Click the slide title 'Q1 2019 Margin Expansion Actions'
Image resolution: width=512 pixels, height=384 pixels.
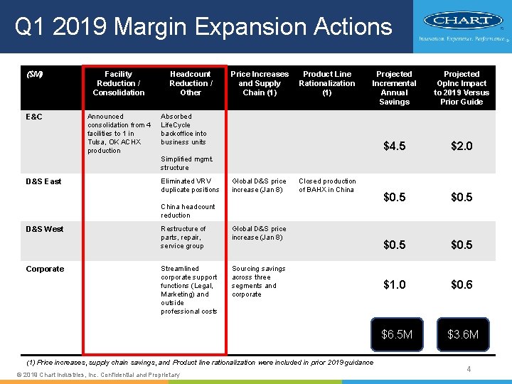pyautogui.click(x=203, y=27)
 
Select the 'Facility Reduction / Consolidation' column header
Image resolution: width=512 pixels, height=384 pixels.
pyautogui.click(x=118, y=83)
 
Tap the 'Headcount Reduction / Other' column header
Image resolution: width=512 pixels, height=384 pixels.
pyautogui.click(x=190, y=83)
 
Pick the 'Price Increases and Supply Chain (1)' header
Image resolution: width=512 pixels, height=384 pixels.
pyautogui.click(x=260, y=83)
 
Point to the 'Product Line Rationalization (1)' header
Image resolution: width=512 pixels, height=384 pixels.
pyautogui.click(x=326, y=83)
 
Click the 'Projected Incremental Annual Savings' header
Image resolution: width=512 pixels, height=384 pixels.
pyautogui.click(x=394, y=87)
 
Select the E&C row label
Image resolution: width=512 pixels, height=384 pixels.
pyautogui.click(x=35, y=117)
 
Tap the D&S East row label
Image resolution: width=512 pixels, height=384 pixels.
pyautogui.click(x=43, y=181)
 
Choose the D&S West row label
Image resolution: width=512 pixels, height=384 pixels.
pyautogui.click(x=44, y=229)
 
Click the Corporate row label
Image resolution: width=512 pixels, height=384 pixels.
pyautogui.click(x=45, y=269)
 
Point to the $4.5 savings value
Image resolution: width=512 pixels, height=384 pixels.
pyautogui.click(x=394, y=146)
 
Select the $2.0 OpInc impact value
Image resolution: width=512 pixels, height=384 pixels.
pyautogui.click(x=462, y=146)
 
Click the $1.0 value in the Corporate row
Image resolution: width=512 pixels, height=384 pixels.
pyautogui.click(x=394, y=284)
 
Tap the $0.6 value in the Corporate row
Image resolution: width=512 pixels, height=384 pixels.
pyautogui.click(x=462, y=284)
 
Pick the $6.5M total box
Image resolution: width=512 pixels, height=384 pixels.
pyautogui.click(x=396, y=334)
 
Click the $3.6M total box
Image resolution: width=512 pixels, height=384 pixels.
pyautogui.click(x=463, y=334)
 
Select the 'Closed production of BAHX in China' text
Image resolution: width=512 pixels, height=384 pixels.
pyautogui.click(x=327, y=186)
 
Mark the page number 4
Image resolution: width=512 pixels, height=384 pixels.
pyautogui.click(x=469, y=369)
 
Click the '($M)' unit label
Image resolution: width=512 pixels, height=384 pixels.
pyautogui.click(x=34, y=74)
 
